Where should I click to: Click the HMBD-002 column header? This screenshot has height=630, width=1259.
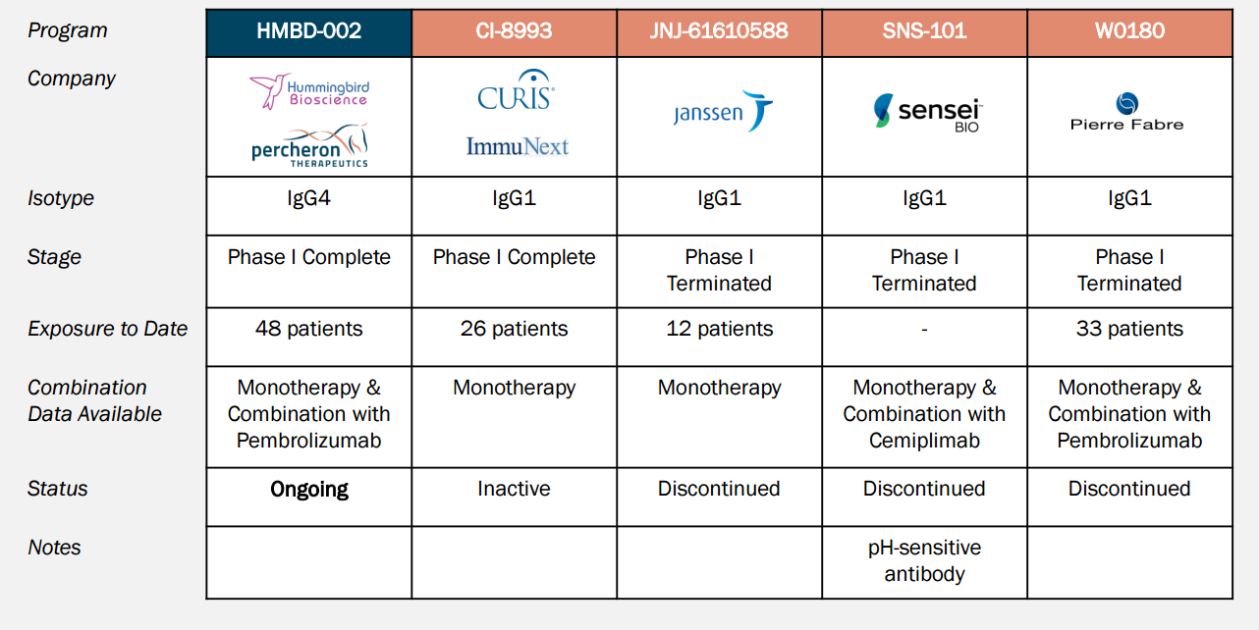tap(308, 32)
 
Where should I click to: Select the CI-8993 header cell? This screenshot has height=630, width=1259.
tap(514, 32)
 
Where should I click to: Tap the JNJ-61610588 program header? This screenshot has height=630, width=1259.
tap(719, 32)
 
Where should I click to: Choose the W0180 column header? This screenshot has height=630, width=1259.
tap(1129, 32)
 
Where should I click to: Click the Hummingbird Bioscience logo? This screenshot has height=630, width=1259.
tap(309, 91)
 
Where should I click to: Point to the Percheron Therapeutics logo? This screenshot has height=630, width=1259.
tap(309, 145)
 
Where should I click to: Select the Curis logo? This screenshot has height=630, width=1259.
tap(516, 90)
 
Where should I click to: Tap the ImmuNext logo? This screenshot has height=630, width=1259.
tap(518, 146)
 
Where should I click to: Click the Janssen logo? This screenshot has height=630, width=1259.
tap(723, 111)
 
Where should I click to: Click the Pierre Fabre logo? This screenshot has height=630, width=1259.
tap(1127, 112)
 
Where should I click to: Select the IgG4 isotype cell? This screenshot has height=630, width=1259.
tap(308, 198)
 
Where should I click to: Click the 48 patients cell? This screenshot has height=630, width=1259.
tap(308, 329)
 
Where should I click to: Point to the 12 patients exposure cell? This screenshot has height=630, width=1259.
tap(720, 329)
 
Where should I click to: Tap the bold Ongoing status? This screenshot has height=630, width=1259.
tap(309, 489)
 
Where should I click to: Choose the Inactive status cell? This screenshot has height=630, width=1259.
tap(514, 489)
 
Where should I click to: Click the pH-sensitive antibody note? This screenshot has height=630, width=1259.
tap(924, 560)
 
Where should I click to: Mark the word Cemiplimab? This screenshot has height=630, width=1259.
tap(924, 441)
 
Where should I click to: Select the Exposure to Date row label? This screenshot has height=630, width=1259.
tap(107, 329)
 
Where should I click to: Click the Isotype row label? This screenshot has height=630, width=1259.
tap(61, 198)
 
